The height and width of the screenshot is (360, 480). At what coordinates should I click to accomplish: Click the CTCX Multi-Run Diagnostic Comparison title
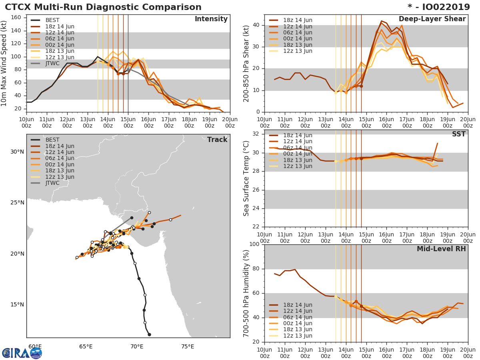pyautogui.click(x=103, y=7)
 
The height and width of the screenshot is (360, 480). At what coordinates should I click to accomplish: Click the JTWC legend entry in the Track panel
pyautogui.click(x=52, y=183)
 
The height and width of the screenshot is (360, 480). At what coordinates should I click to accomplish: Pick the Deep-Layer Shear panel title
pyautogui.click(x=432, y=19)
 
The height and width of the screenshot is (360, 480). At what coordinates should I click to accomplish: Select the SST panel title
pyautogui.click(x=459, y=134)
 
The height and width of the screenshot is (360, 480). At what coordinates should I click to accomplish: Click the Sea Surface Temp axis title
pyautogui.click(x=246, y=178)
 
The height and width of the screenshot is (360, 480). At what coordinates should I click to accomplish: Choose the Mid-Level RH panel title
pyautogui.click(x=441, y=249)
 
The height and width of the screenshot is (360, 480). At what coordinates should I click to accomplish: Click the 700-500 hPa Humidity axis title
pyautogui.click(x=246, y=293)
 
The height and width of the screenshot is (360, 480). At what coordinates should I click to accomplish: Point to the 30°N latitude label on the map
pyautogui.click(x=17, y=152)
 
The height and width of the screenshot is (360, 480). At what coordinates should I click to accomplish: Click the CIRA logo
pyautogui.click(x=22, y=353)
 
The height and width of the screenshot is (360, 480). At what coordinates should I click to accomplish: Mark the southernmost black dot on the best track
pyautogui.click(x=149, y=334)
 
